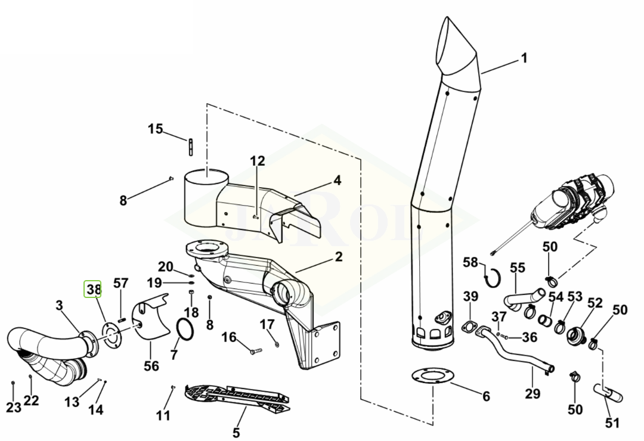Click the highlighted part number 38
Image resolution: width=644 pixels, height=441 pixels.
93,290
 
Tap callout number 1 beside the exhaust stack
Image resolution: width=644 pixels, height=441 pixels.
524,58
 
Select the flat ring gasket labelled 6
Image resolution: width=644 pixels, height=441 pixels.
433,376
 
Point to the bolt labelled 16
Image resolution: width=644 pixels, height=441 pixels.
255,351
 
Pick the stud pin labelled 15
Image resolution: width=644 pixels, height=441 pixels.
191,147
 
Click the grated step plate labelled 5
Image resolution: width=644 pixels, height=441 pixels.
238,397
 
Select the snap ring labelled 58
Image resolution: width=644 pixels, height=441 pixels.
492,278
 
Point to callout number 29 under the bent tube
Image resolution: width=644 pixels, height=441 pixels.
532,393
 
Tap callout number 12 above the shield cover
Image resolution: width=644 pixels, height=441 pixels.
258,160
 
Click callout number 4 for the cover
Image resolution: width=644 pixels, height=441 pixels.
337,180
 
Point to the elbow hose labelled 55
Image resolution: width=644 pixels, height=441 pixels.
524,299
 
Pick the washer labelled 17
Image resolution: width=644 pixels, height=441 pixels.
277,343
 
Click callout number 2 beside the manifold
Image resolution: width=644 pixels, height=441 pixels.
339,257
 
